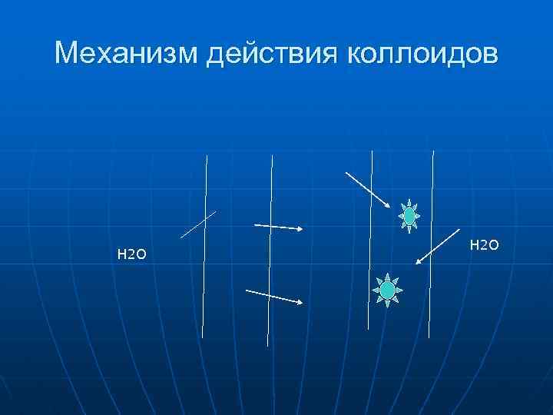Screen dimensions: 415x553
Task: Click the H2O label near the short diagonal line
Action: click(131, 254)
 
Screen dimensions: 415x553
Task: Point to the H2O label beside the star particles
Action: click(484, 244)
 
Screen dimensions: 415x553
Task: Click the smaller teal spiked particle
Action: click(409, 217)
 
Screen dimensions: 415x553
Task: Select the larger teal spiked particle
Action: click(388, 290)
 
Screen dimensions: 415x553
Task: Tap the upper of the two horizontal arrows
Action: click(279, 227)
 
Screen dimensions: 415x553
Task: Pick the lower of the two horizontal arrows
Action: click(274, 296)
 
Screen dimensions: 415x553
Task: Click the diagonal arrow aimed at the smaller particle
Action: click(369, 190)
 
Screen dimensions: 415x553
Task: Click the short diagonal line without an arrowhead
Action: click(198, 224)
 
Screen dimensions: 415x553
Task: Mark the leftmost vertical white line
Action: click(204, 246)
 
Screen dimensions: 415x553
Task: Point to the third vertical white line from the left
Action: click(371, 238)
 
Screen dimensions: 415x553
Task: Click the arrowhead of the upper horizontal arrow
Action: click(300, 229)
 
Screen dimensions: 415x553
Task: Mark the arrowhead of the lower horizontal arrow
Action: click(299, 302)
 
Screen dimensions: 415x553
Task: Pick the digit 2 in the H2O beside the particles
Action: click(484, 245)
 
